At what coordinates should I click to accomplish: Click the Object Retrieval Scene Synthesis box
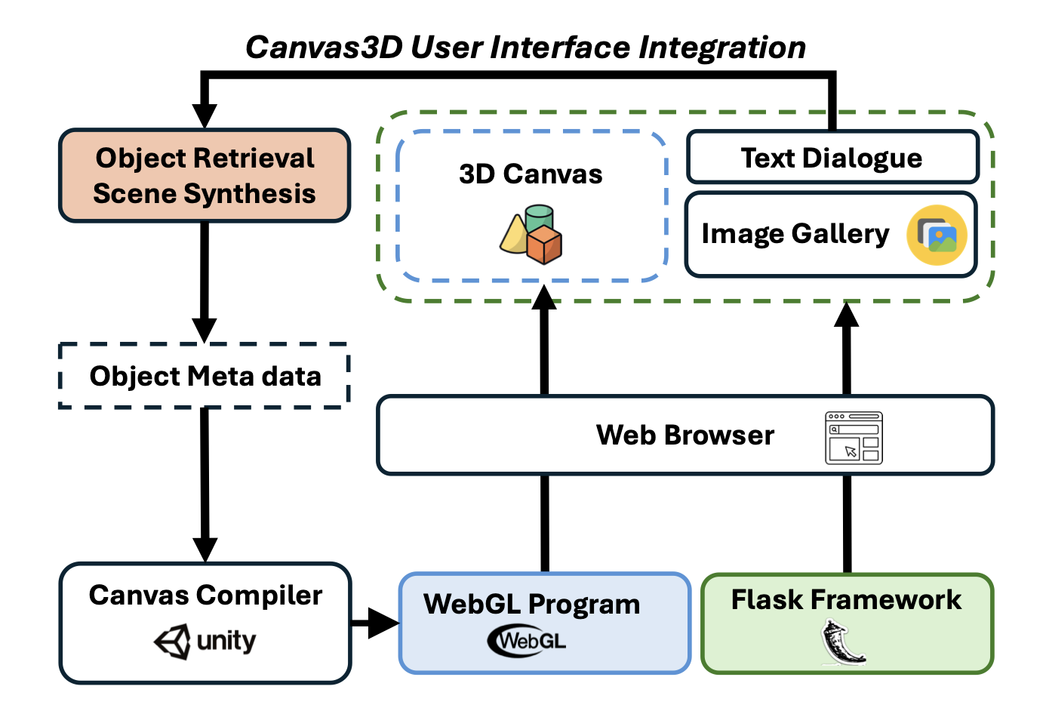coord(205,176)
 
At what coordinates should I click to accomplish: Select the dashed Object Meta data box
coord(205,376)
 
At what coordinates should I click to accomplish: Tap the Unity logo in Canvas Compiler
coord(205,642)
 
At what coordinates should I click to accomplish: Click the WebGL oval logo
coord(528,642)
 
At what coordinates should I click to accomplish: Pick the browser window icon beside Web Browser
coord(854,438)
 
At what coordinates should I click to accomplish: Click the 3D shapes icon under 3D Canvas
coord(531,235)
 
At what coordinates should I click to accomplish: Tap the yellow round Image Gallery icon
coord(937,235)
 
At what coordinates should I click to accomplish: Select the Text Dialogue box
coord(832,158)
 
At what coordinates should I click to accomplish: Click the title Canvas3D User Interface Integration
coord(525,48)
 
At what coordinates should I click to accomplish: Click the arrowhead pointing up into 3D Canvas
coord(544,297)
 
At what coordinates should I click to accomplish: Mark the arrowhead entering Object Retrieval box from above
coord(205,115)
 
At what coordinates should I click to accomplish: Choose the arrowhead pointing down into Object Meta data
coord(204,330)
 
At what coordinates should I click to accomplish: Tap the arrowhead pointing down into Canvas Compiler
coord(205,549)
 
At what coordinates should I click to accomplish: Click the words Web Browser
coord(685,435)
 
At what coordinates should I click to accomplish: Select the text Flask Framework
coord(846,600)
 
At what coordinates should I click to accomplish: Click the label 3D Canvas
coord(531,174)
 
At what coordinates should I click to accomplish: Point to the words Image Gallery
coord(795,234)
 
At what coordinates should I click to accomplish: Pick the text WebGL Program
coord(531,605)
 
